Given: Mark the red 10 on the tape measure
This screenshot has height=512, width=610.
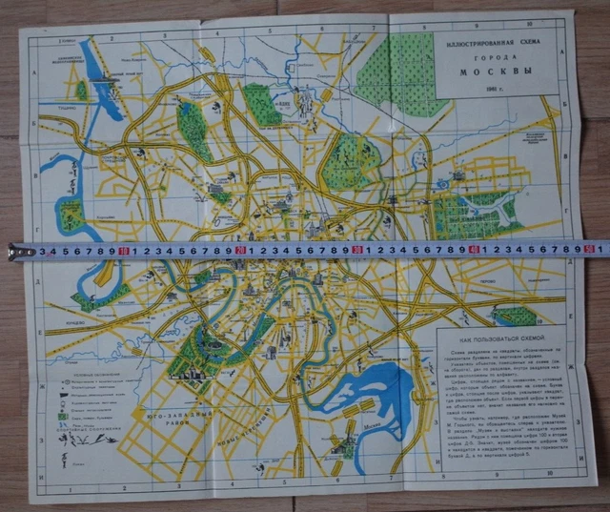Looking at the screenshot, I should point(126,250).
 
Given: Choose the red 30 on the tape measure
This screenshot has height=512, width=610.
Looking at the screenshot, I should point(356,250).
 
